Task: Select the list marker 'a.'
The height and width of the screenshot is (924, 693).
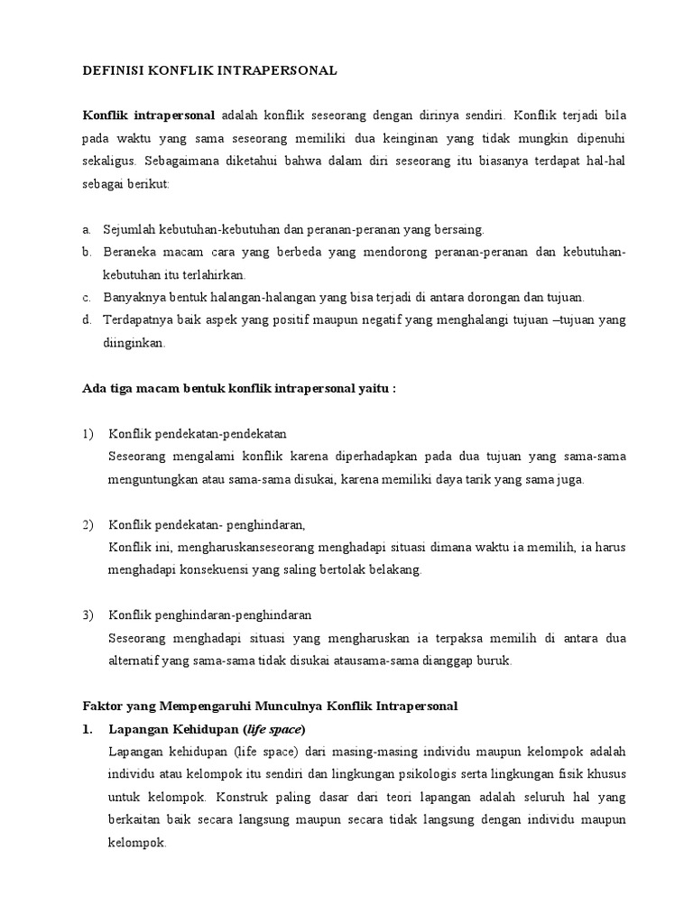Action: [87, 230]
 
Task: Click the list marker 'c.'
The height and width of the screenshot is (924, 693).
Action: [87, 297]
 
